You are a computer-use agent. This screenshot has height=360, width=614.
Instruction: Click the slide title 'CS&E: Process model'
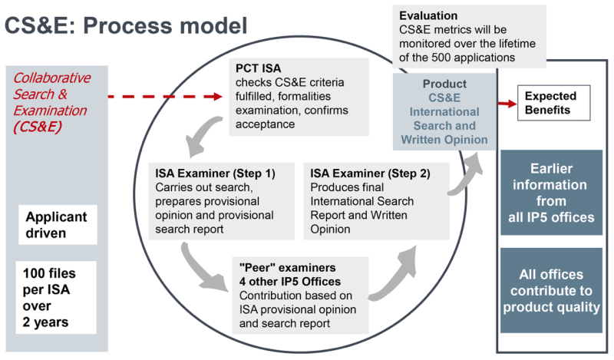coord(126,25)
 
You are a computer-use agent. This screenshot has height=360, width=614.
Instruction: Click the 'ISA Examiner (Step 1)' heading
coord(215,172)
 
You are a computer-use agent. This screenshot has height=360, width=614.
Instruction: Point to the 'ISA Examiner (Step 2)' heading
coord(370,172)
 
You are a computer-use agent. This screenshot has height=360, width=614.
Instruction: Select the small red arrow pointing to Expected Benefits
coord(507,102)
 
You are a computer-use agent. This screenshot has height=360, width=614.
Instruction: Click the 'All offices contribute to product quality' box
coord(551,290)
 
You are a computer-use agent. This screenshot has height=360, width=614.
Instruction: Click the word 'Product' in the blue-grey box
coord(444,83)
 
